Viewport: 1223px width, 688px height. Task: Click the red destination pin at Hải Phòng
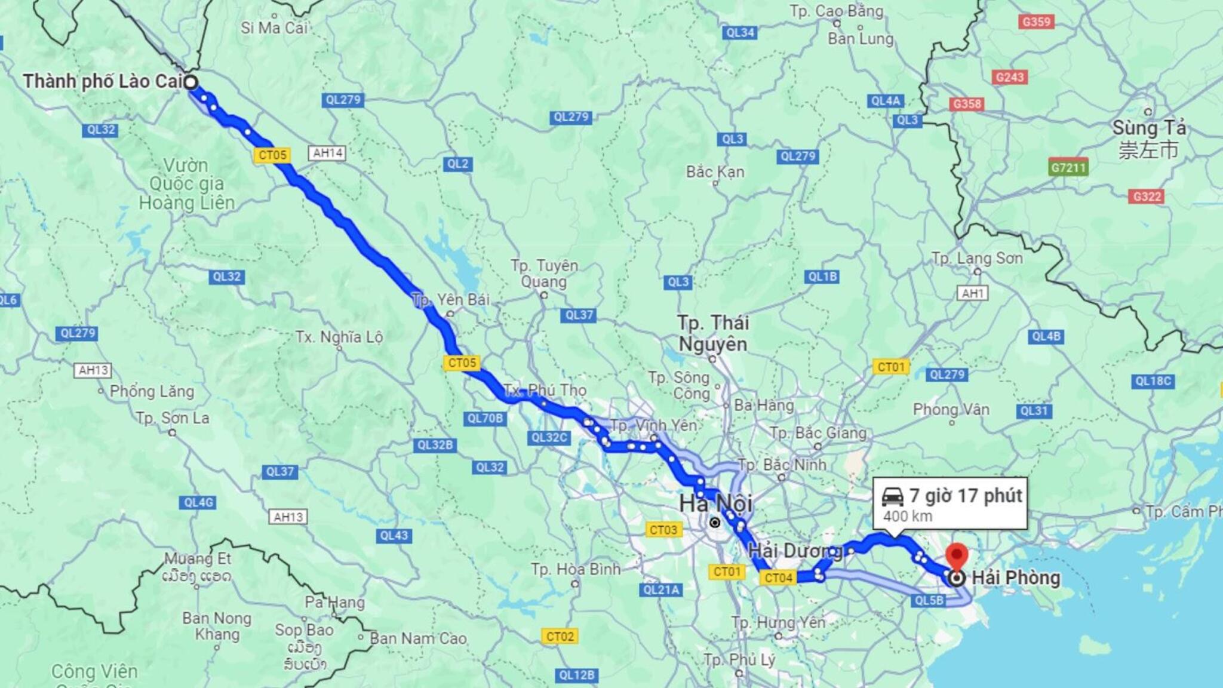click(x=957, y=556)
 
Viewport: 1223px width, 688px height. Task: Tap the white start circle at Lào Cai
click(x=190, y=82)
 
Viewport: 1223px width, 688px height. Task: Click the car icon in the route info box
click(x=893, y=496)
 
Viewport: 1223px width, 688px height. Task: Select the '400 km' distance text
click(x=907, y=516)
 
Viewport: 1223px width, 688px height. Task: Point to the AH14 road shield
click(x=328, y=153)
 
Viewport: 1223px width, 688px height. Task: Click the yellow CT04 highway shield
click(x=778, y=578)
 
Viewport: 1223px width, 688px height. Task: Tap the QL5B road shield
click(x=929, y=600)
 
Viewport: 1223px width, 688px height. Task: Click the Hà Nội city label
click(x=715, y=503)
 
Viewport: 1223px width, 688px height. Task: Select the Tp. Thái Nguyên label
click(x=712, y=333)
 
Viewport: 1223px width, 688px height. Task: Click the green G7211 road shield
click(x=1068, y=167)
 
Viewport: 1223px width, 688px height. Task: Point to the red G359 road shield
click(x=1036, y=22)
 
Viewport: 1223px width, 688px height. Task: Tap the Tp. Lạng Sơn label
click(x=977, y=259)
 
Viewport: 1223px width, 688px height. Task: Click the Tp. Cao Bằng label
click(x=836, y=11)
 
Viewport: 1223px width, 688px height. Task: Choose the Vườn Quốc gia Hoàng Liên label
click(x=186, y=184)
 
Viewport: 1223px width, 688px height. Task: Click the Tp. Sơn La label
click(x=173, y=418)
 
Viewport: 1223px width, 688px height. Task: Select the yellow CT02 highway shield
click(x=560, y=637)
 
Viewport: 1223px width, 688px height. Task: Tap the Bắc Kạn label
click(x=715, y=172)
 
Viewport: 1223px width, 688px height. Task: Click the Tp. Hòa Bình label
click(x=576, y=569)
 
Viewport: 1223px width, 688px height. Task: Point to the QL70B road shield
click(x=485, y=419)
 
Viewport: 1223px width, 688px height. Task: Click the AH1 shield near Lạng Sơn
click(x=972, y=293)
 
